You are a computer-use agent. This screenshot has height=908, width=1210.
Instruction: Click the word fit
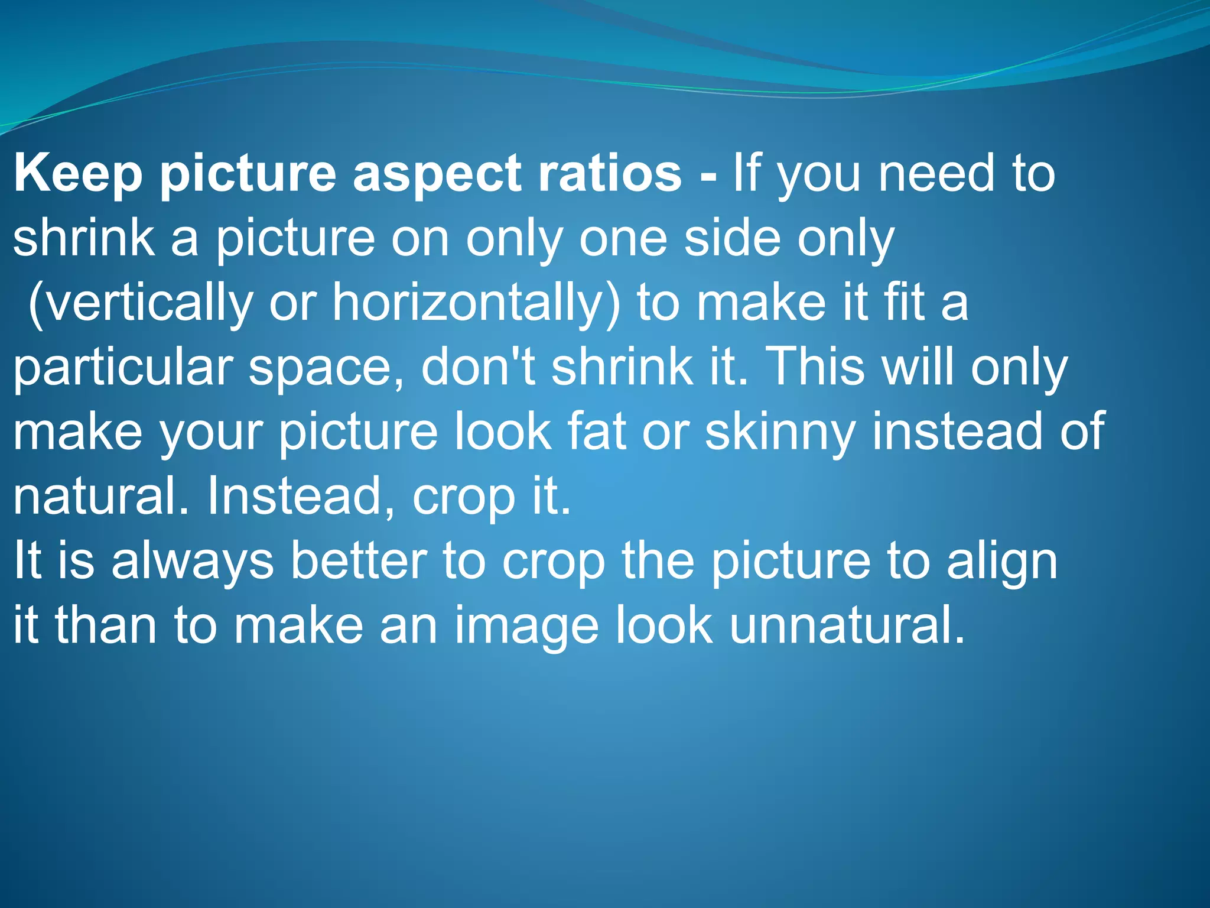903,303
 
